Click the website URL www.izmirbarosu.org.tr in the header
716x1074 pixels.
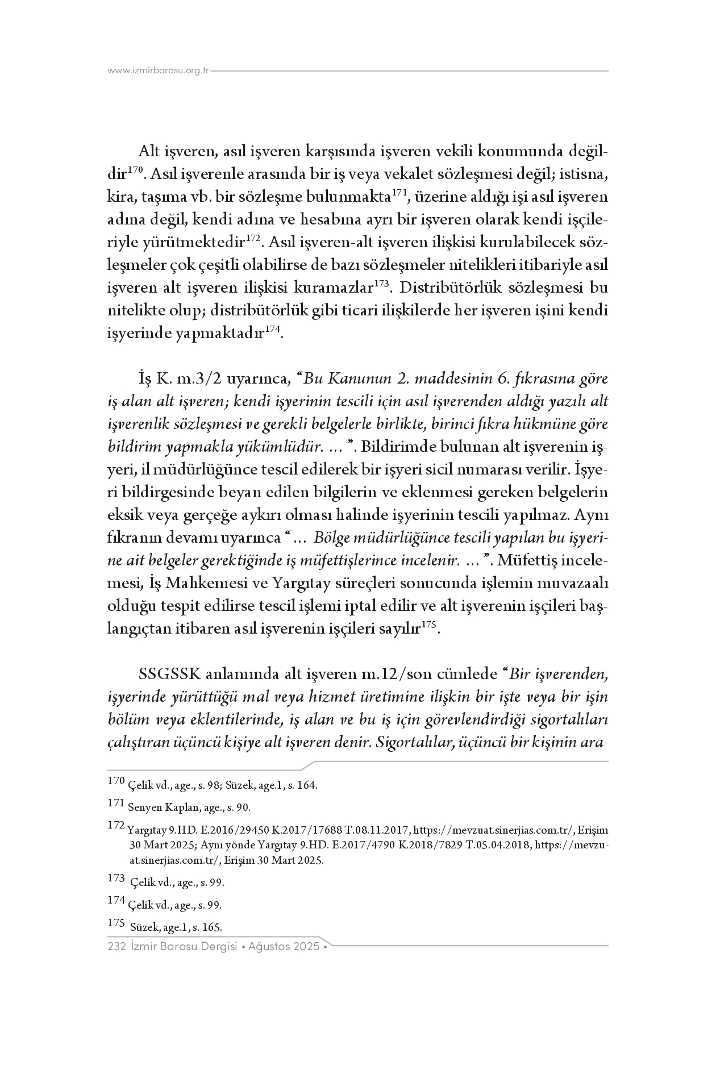(159, 71)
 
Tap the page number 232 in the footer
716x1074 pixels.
(116, 947)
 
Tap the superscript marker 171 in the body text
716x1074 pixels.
(399, 193)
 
